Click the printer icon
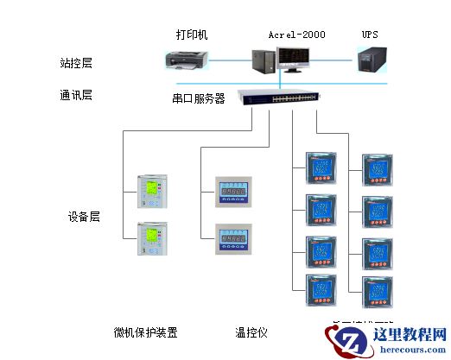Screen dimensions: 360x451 click(x=187, y=60)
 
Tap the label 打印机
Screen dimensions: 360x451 click(x=192, y=35)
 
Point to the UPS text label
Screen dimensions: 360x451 click(x=370, y=35)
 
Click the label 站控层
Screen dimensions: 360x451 click(x=76, y=63)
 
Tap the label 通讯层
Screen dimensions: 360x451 click(x=76, y=95)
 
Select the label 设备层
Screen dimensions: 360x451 click(x=84, y=217)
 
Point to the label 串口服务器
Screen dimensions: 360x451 click(x=199, y=98)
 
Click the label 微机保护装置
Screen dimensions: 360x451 click(x=146, y=332)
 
